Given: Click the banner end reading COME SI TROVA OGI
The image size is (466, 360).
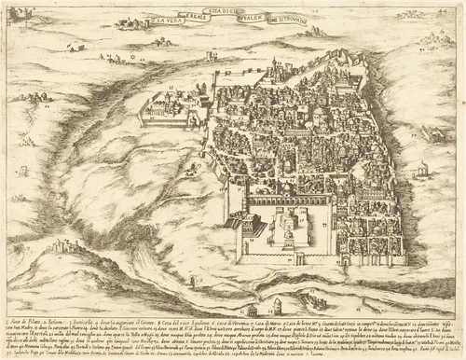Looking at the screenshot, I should [287, 21].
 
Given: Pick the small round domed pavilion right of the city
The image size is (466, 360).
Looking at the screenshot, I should [421, 169].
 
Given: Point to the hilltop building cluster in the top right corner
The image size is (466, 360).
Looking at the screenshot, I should [434, 37].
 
